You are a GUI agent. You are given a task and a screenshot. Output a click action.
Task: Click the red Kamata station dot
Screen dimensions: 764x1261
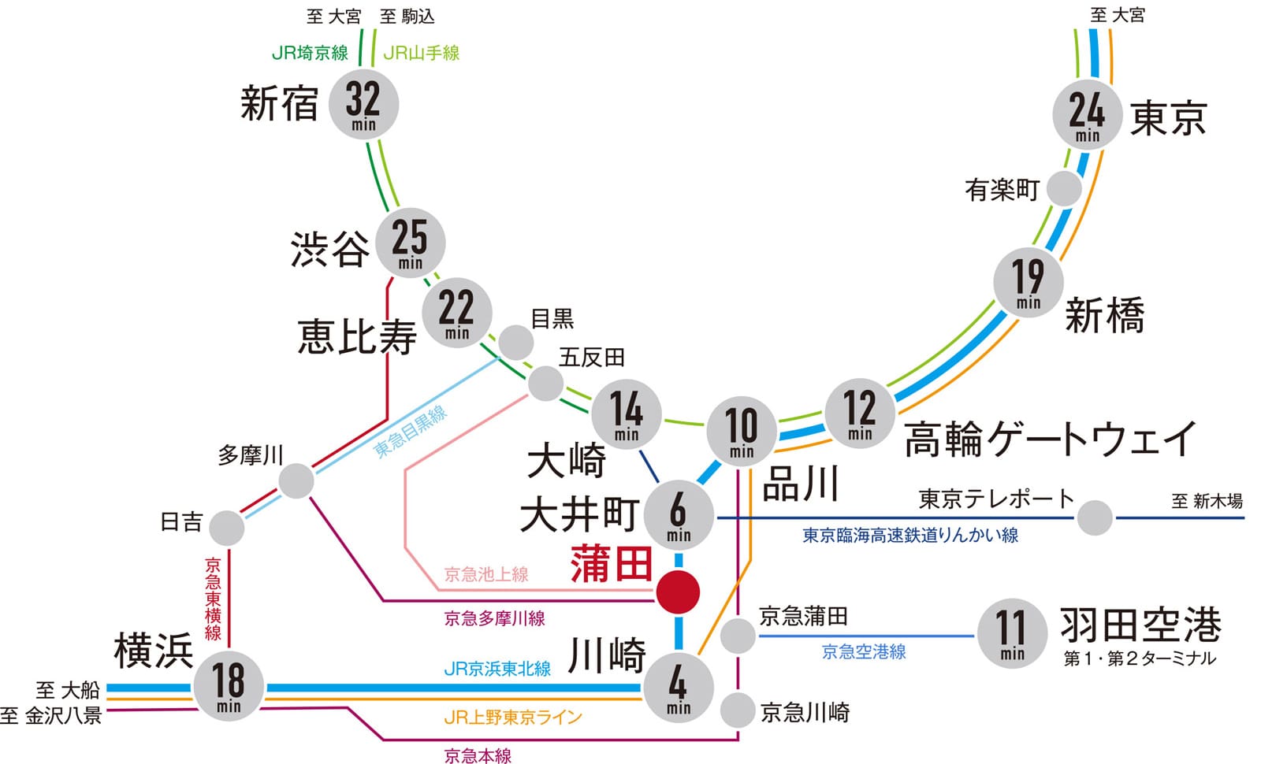pyautogui.click(x=678, y=592)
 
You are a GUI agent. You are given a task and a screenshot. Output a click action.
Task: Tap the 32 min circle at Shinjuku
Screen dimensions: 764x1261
pyautogui.click(x=363, y=105)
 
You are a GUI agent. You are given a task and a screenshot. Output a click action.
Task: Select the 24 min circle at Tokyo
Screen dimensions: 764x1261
pyautogui.click(x=1088, y=115)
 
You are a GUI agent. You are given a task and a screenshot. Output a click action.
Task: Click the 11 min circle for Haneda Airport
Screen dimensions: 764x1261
pyautogui.click(x=1012, y=634)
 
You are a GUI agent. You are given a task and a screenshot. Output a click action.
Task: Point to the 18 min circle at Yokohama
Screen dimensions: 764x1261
pyautogui.click(x=229, y=686)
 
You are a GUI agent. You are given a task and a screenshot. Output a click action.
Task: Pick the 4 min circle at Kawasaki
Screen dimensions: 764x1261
pyautogui.click(x=679, y=688)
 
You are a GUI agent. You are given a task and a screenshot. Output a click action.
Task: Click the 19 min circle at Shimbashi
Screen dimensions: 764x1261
pyautogui.click(x=1028, y=283)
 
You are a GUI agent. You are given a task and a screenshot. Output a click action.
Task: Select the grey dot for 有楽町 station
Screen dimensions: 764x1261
pyautogui.click(x=1064, y=189)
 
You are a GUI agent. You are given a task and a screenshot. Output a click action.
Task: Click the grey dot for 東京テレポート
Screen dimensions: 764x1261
pyautogui.click(x=1095, y=517)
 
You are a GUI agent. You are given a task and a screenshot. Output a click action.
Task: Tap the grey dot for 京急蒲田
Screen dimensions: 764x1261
pyautogui.click(x=738, y=636)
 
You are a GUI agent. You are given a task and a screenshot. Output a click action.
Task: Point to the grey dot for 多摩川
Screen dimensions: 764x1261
pyautogui.click(x=296, y=480)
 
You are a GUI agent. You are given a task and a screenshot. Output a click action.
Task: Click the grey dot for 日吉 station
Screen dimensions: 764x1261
pyautogui.click(x=227, y=528)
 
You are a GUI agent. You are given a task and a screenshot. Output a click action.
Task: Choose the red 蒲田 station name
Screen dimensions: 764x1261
pyautogui.click(x=612, y=564)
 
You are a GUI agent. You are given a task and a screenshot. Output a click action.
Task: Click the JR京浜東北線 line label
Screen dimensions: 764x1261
pyautogui.click(x=497, y=669)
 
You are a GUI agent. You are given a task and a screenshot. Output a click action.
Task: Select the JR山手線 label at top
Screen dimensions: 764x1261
pyautogui.click(x=421, y=54)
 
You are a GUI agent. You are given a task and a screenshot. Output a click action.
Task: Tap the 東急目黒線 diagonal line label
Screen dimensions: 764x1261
pyautogui.click(x=411, y=432)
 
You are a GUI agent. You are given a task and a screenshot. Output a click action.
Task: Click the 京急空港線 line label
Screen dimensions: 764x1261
pyautogui.click(x=864, y=651)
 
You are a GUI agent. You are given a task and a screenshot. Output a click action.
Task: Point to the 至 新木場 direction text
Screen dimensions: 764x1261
pyautogui.click(x=1206, y=501)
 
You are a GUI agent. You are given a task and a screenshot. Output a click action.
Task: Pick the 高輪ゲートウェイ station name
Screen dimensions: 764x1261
pyautogui.click(x=1050, y=439)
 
